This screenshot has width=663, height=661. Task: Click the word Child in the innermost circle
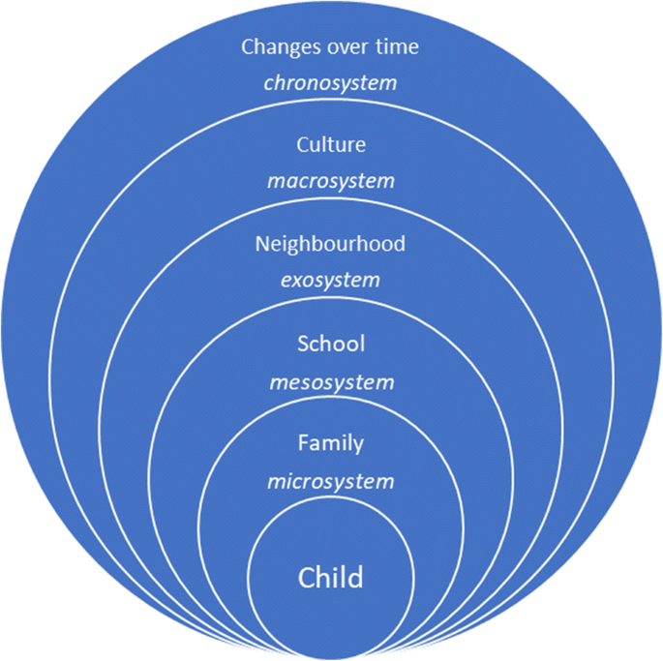331,578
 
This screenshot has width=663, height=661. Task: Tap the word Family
331,443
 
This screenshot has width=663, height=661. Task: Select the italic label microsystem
331,481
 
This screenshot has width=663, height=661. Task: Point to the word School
331,344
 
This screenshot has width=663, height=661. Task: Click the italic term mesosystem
331,381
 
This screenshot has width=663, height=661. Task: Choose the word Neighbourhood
330,244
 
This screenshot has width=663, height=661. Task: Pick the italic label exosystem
331,281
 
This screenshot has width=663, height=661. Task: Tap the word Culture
331,144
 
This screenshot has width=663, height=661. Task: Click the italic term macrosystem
331,181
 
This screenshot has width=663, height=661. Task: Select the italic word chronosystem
331,81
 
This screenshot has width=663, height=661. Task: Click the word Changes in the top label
275,45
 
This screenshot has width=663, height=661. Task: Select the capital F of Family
303,443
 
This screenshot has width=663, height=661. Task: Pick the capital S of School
303,344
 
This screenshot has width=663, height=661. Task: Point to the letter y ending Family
358,446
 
